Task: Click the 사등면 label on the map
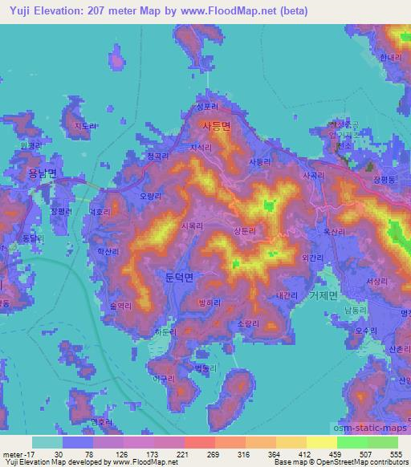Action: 217,126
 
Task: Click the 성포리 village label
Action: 207,106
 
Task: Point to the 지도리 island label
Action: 84,126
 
